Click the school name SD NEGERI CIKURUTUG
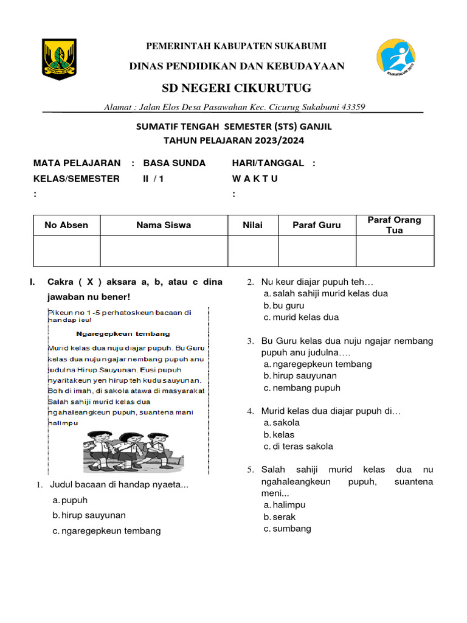click(x=236, y=88)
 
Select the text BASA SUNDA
click(x=175, y=163)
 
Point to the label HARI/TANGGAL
click(x=268, y=163)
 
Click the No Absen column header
click(x=66, y=225)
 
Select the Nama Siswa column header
click(x=164, y=225)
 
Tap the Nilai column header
click(x=253, y=225)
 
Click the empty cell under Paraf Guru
click(x=317, y=251)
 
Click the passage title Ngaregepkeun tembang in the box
click(x=123, y=333)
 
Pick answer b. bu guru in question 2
click(x=283, y=305)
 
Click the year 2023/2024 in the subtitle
click(x=269, y=140)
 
